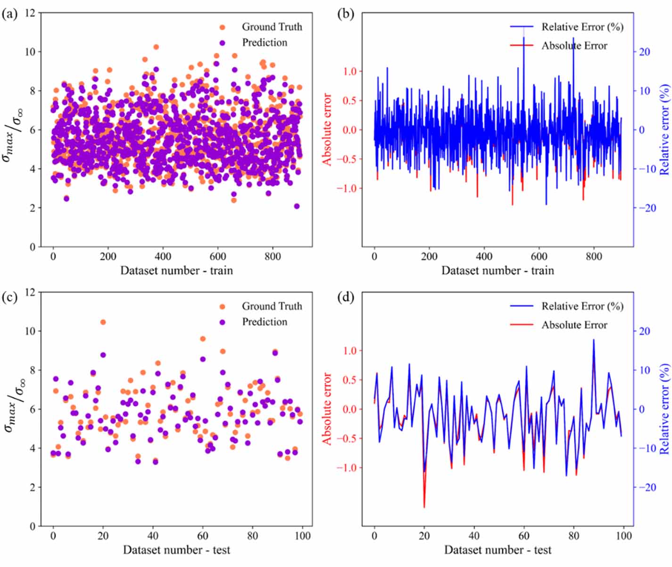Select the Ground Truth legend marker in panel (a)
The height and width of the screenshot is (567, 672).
[x=223, y=27]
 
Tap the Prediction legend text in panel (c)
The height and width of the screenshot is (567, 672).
[x=264, y=322]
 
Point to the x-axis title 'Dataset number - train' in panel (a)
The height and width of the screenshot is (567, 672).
[x=176, y=270]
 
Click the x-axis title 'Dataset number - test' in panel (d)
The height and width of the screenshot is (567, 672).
[x=498, y=550]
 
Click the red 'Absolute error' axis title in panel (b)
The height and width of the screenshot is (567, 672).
[x=327, y=129]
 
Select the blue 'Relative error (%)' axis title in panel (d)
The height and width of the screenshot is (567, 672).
[x=664, y=409]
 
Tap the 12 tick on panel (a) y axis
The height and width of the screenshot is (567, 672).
[x=30, y=13]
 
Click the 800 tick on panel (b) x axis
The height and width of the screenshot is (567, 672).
[x=594, y=256]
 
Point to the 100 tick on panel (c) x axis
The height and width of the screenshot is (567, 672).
[x=302, y=535]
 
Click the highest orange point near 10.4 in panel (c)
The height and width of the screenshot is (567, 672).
[x=103, y=322]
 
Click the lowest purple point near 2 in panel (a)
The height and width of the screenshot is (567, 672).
[x=297, y=206]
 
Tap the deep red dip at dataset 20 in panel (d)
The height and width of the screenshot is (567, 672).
[x=424, y=507]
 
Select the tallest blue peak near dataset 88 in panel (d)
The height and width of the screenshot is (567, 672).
[x=593, y=340]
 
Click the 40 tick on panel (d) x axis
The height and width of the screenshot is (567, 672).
[x=474, y=535]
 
